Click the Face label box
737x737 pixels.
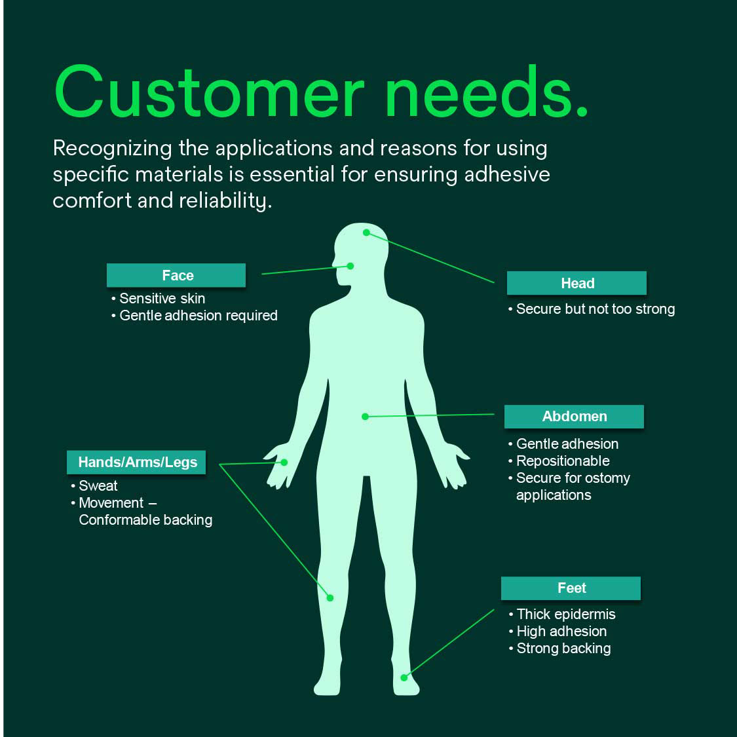[176, 275]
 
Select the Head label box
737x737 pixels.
[576, 283]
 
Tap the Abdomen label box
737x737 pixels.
[574, 416]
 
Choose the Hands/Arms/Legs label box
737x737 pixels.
[137, 462]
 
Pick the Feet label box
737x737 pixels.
[571, 588]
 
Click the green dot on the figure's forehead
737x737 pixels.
[366, 233]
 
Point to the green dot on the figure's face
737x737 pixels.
[350, 266]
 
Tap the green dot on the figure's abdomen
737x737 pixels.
[365, 416]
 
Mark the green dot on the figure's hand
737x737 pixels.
[284, 463]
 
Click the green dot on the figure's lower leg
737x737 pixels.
[330, 597]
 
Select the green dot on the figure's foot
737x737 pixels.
[404, 677]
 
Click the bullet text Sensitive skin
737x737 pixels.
[162, 299]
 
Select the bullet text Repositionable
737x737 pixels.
[563, 461]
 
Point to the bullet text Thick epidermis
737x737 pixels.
[566, 614]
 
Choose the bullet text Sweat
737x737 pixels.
[98, 485]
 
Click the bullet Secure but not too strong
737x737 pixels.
[595, 309]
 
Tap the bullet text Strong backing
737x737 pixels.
[563, 648]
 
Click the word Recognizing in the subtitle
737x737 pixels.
[112, 149]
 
